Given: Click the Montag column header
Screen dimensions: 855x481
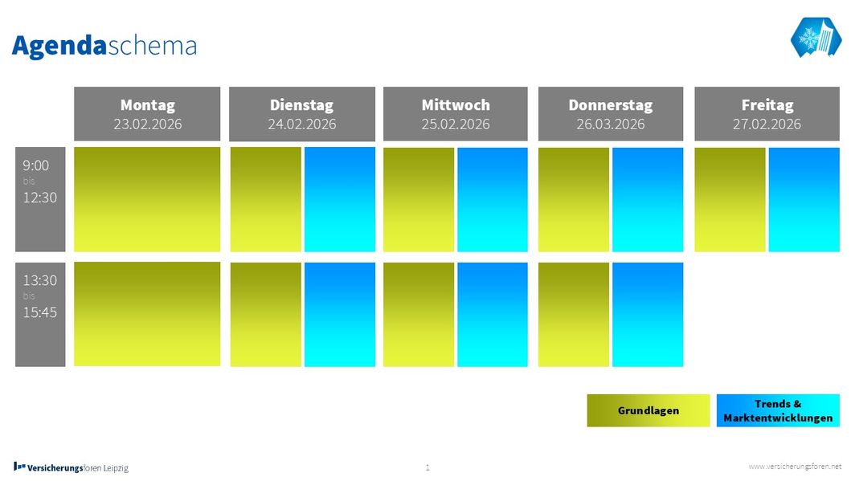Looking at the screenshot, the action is pyautogui.click(x=147, y=114).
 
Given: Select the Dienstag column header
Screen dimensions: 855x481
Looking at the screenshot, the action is pyautogui.click(x=302, y=114).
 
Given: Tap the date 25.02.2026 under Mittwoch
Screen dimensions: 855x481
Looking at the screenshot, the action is pyautogui.click(x=456, y=124).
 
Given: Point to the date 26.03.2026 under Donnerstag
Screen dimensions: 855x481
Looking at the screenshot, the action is pyautogui.click(x=611, y=124).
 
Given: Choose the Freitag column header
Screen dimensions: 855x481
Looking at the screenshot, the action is pyautogui.click(x=767, y=114).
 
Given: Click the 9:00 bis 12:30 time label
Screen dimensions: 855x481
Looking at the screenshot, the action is pyautogui.click(x=40, y=199).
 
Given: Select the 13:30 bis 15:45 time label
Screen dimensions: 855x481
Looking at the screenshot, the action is pyautogui.click(x=40, y=314).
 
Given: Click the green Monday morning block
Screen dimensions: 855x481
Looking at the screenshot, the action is pyautogui.click(x=147, y=199).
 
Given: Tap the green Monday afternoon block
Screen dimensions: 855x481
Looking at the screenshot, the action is pyautogui.click(x=147, y=314).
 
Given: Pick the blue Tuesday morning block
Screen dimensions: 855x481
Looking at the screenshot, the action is pyautogui.click(x=340, y=199).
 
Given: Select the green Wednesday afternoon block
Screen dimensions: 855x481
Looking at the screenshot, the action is pyautogui.click(x=419, y=314).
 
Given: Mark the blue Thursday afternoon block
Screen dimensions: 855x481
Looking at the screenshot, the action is pyautogui.click(x=648, y=314).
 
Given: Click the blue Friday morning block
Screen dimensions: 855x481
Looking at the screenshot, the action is pyautogui.click(x=804, y=199).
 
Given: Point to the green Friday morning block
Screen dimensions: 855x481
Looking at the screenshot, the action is pyautogui.click(x=730, y=199).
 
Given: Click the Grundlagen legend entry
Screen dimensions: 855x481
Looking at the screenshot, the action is pyautogui.click(x=648, y=410).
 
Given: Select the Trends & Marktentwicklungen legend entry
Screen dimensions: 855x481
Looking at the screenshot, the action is pyautogui.click(x=778, y=410).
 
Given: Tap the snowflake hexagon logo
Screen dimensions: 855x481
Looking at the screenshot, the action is pyautogui.click(x=816, y=37).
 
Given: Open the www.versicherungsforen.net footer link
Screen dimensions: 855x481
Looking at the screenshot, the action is pyautogui.click(x=795, y=467).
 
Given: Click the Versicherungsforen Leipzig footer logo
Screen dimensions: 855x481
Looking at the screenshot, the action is pyautogui.click(x=71, y=467).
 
